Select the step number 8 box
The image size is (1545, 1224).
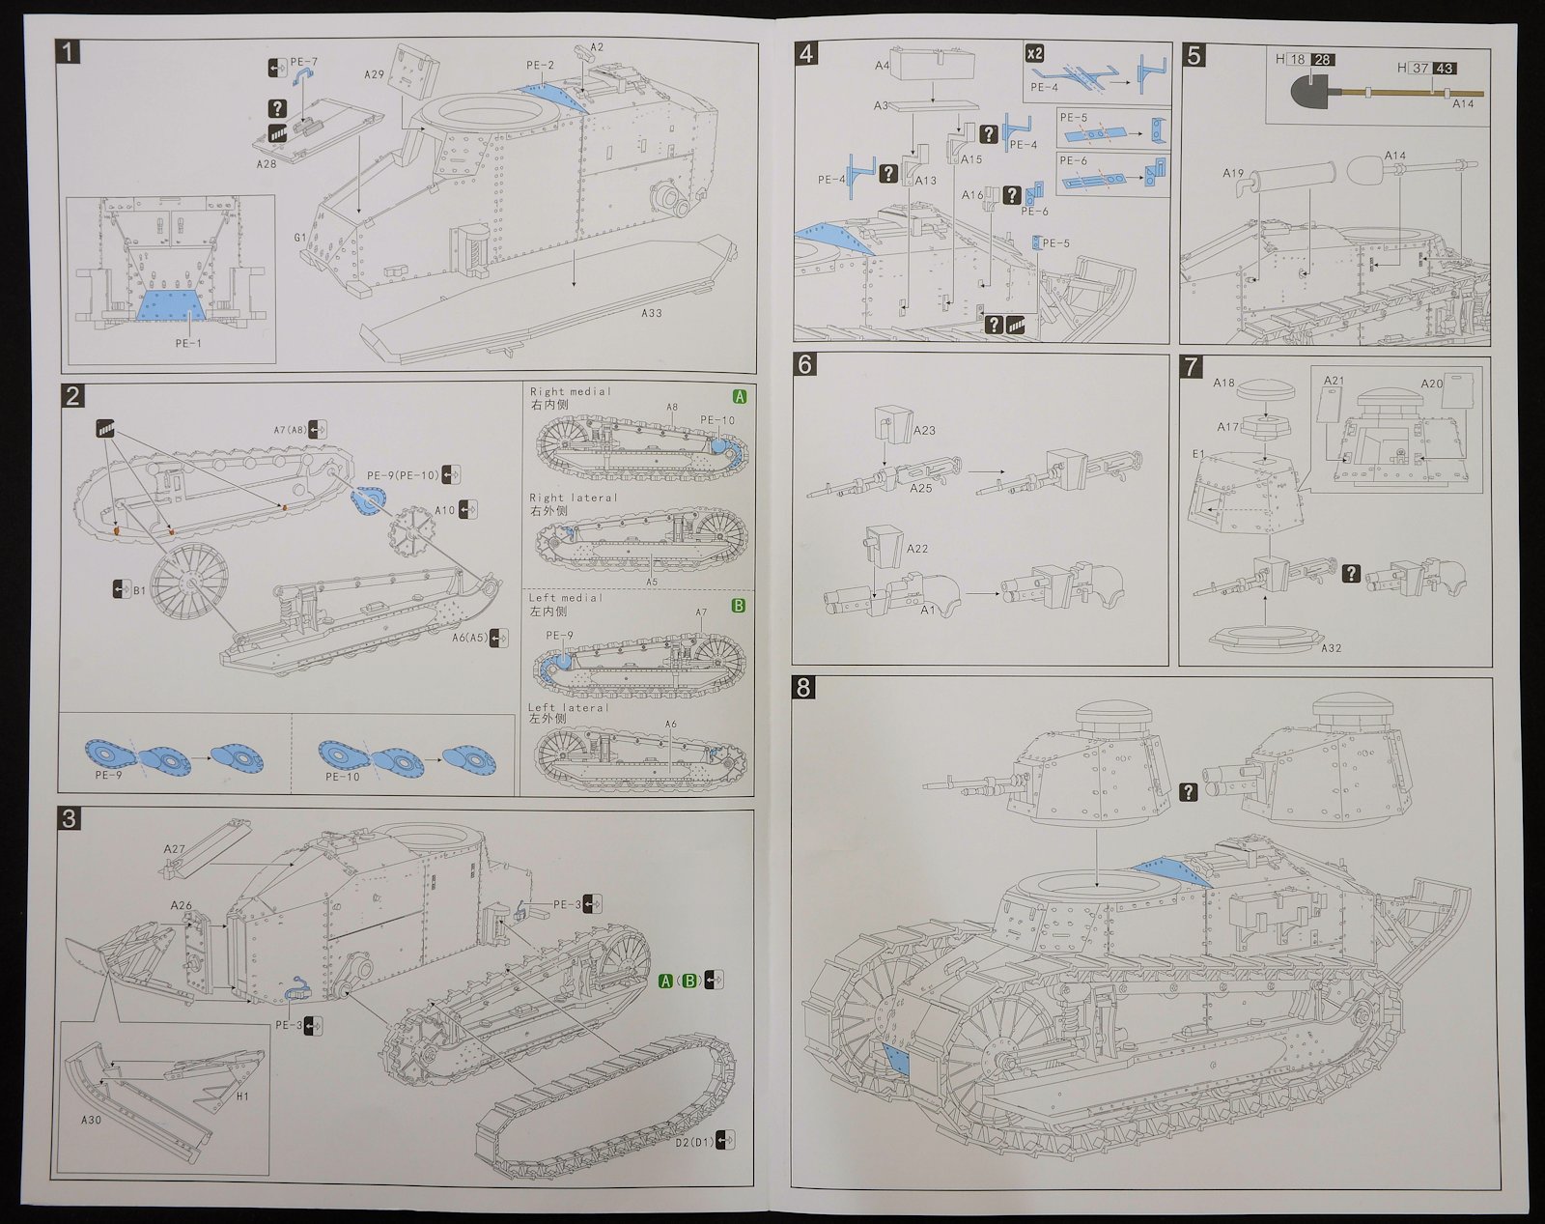click(803, 688)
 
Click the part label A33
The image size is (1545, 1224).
click(652, 313)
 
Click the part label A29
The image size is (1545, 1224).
click(376, 73)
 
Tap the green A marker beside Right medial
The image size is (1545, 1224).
click(740, 396)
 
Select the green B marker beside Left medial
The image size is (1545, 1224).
click(739, 606)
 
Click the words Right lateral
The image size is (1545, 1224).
click(574, 498)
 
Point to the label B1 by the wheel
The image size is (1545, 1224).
click(139, 589)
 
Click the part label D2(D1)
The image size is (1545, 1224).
click(693, 1140)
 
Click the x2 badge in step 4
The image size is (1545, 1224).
click(1034, 53)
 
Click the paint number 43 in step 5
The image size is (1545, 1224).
click(1446, 69)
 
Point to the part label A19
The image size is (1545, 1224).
click(1233, 174)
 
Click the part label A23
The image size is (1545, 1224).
click(924, 431)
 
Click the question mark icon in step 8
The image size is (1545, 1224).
click(1188, 791)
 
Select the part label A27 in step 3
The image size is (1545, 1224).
click(174, 849)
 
